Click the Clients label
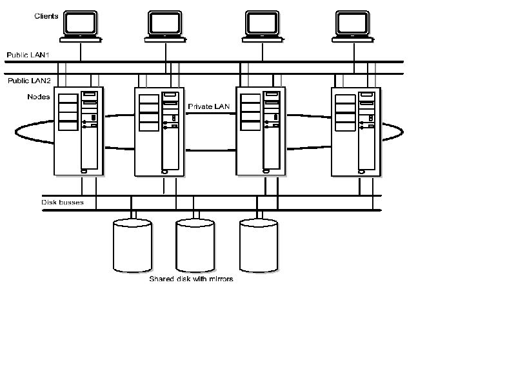[46, 15]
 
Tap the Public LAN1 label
[28, 55]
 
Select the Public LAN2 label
[28, 81]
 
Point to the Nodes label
[39, 97]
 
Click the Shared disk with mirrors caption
[191, 279]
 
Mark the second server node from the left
[159, 132]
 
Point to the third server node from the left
[261, 132]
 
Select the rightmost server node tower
[356, 132]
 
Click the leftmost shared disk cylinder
[132, 244]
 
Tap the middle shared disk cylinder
[195, 244]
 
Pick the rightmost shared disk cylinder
[259, 244]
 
